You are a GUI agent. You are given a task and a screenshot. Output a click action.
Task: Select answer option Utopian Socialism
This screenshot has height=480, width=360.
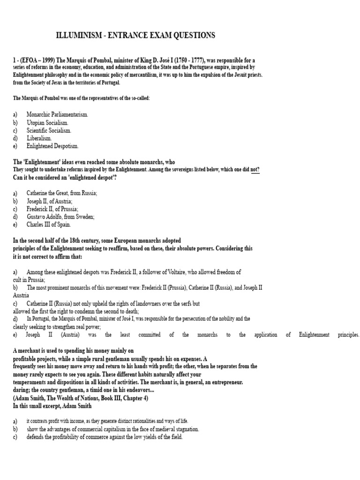pyautogui.click(x=47, y=122)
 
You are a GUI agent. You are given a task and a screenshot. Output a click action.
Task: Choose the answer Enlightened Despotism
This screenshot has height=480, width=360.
pyautogui.click(x=52, y=146)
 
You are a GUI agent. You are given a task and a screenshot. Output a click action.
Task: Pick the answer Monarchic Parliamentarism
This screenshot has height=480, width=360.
pyautogui.click(x=57, y=114)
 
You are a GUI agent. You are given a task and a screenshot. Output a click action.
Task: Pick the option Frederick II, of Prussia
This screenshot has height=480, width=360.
pyautogui.click(x=52, y=209)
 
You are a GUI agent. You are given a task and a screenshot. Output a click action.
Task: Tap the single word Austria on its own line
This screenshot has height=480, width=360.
pyautogui.click(x=22, y=296)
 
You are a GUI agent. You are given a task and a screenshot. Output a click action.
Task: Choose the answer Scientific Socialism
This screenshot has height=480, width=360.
pyautogui.click(x=49, y=130)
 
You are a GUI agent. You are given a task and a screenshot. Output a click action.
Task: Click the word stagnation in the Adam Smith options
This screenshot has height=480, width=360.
pyautogui.click(x=186, y=429)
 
